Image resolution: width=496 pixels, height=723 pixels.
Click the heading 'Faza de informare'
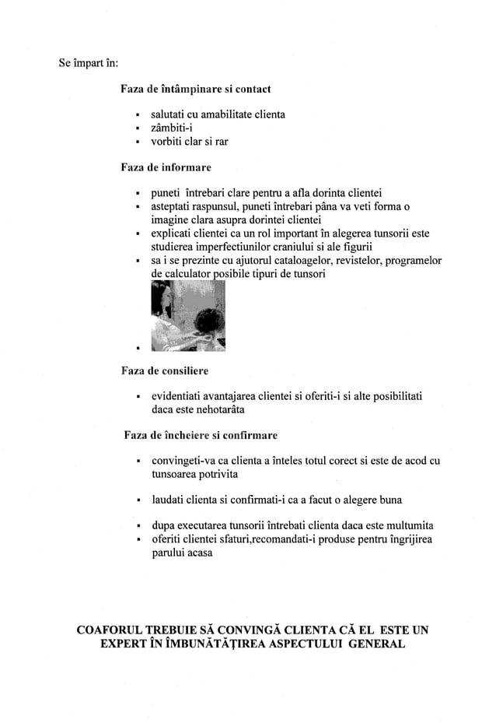point(166,167)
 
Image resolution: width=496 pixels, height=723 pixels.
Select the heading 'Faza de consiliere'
point(164,370)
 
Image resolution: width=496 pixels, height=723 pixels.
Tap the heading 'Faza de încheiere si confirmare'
point(201,435)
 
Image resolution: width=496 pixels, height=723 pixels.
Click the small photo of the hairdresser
point(187,315)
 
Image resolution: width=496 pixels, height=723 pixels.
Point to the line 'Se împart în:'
point(89,62)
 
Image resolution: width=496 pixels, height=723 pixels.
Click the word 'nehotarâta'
point(215,409)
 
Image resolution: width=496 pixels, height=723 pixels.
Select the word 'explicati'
point(172,233)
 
